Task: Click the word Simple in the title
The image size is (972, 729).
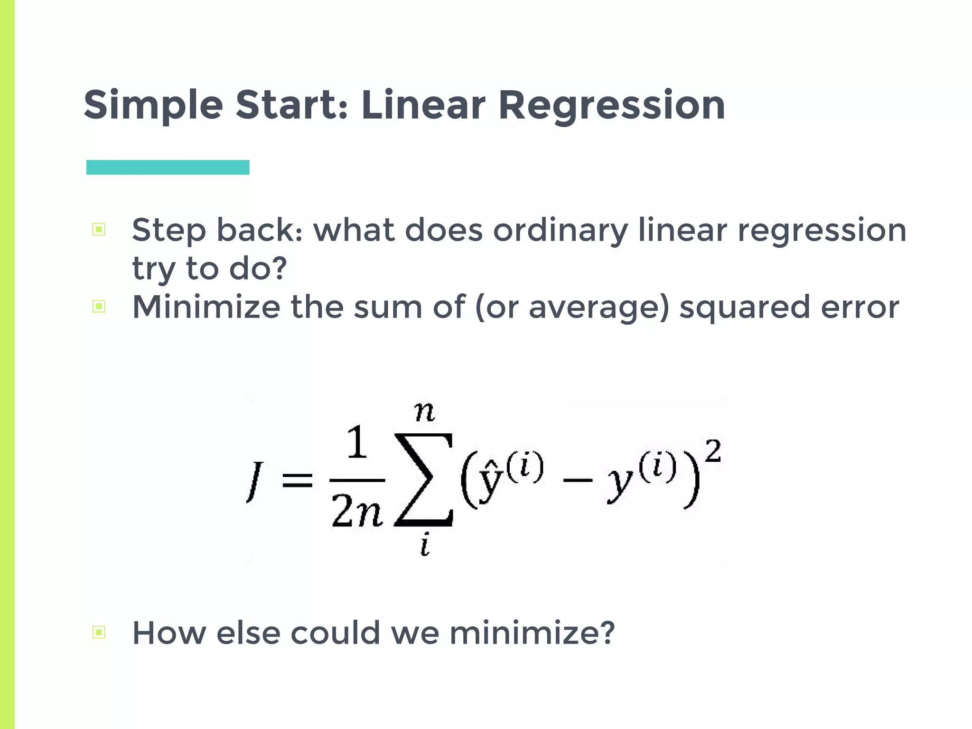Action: pos(153,105)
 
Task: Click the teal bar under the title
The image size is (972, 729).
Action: pos(168,167)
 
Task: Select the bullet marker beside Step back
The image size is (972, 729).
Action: pos(99,230)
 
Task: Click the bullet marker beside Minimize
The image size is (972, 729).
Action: pos(99,306)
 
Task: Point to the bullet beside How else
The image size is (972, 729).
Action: pos(99,632)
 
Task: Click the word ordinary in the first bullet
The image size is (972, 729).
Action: pos(560,231)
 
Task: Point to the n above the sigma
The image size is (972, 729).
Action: pos(424,411)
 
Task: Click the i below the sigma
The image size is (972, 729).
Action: pos(425,545)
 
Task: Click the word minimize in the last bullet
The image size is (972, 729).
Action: pos(532,633)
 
